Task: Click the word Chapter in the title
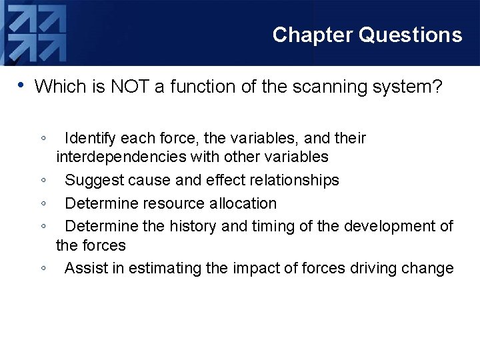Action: pyautogui.click(x=313, y=35)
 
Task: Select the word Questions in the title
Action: pyautogui.click(x=410, y=35)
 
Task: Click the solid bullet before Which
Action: pyautogui.click(x=21, y=85)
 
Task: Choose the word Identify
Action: pyautogui.click(x=92, y=139)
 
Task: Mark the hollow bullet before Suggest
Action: pyautogui.click(x=43, y=181)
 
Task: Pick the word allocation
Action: pyautogui.click(x=243, y=203)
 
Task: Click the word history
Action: pyautogui.click(x=193, y=227)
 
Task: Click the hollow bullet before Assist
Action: pyautogui.click(x=43, y=269)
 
